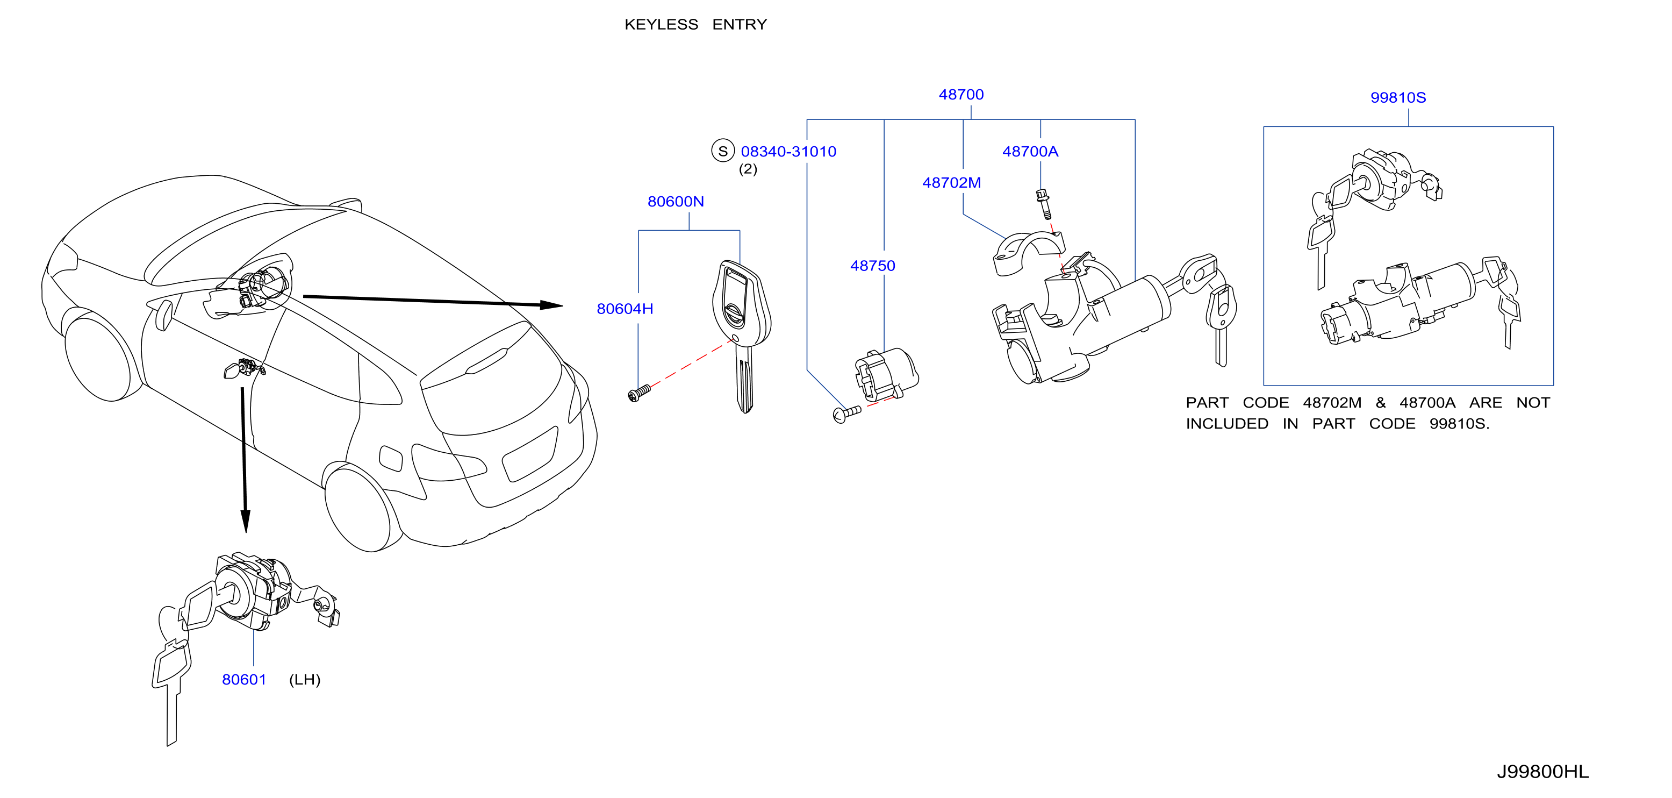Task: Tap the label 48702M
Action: click(x=951, y=183)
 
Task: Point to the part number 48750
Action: click(x=872, y=266)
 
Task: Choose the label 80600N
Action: click(x=676, y=202)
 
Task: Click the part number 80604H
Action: click(x=625, y=309)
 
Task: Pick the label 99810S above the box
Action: click(x=1398, y=98)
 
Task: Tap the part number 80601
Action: click(x=244, y=680)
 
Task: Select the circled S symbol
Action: click(x=722, y=151)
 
